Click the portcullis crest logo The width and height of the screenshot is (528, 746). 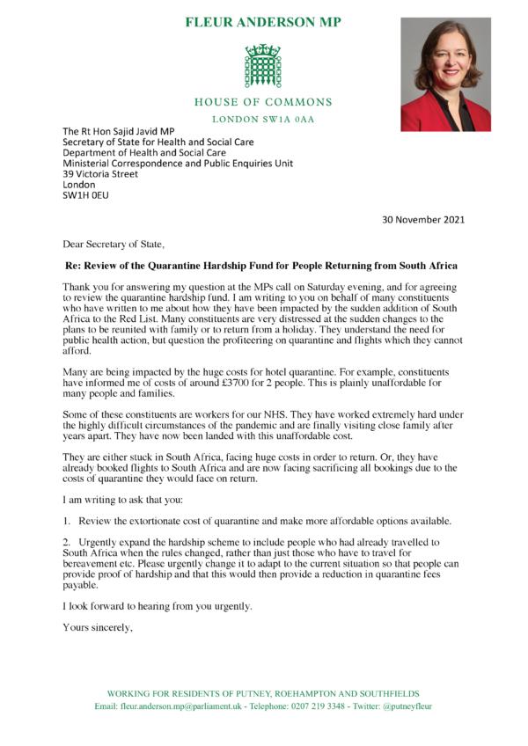click(x=263, y=66)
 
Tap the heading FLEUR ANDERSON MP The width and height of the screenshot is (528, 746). click(x=264, y=22)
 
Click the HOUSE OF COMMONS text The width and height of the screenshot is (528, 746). click(x=264, y=102)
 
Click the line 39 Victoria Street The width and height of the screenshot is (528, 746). click(x=100, y=174)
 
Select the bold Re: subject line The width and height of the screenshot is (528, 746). click(x=263, y=266)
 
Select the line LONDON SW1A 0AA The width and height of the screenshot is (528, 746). click(x=264, y=118)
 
